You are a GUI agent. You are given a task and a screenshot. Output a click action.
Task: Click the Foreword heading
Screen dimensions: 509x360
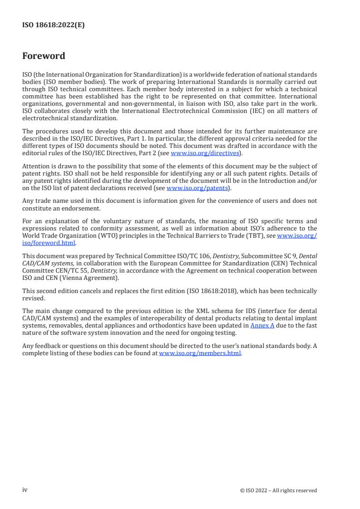tap(44, 56)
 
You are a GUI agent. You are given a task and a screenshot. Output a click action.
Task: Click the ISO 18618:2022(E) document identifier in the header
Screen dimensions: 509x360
tap(53, 25)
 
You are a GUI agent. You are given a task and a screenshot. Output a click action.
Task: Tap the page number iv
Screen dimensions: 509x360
tap(25, 490)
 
